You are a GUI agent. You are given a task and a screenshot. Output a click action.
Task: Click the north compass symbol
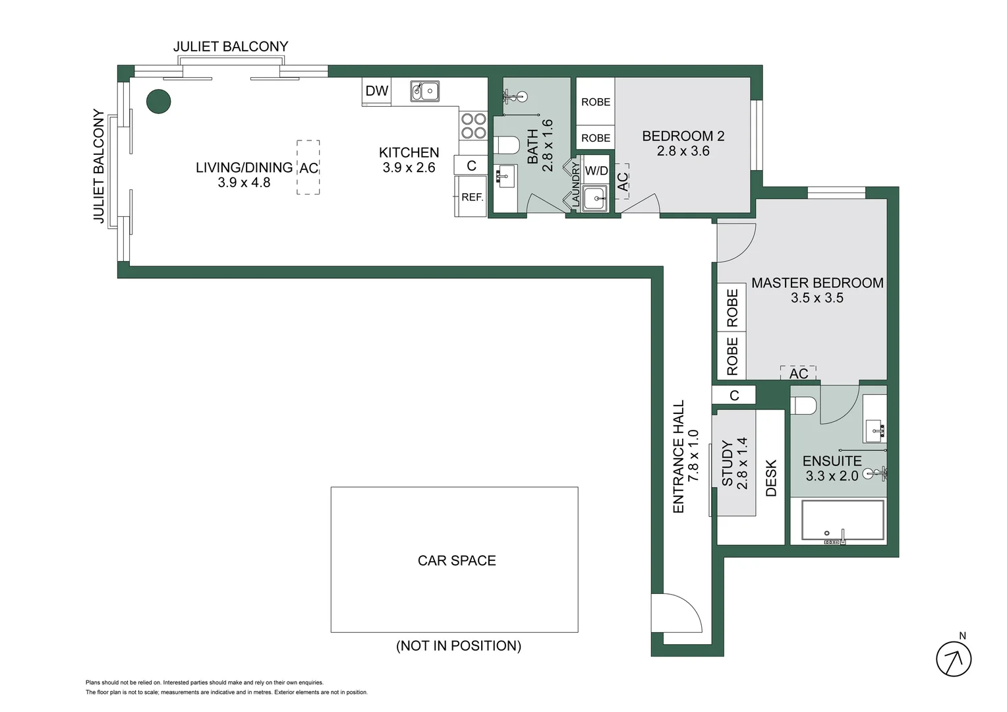pyautogui.click(x=954, y=658)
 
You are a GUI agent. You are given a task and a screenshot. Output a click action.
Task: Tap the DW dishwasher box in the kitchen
pyautogui.click(x=377, y=91)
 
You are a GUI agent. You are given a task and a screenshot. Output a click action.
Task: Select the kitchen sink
pyautogui.click(x=425, y=91)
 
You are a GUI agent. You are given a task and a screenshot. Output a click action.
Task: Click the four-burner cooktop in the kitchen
pyautogui.click(x=473, y=126)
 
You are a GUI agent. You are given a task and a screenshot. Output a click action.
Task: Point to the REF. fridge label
pyautogui.click(x=472, y=197)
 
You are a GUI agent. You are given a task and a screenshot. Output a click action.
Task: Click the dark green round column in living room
pyautogui.click(x=158, y=102)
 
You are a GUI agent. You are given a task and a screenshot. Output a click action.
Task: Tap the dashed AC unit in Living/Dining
pyautogui.click(x=308, y=167)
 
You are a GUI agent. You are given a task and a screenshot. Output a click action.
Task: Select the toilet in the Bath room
pyautogui.click(x=506, y=145)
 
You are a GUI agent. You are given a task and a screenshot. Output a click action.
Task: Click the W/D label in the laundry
pyautogui.click(x=596, y=171)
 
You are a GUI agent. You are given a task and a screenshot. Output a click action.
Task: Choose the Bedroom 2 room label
pyautogui.click(x=683, y=136)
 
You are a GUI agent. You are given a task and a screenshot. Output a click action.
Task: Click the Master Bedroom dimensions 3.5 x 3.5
pyautogui.click(x=817, y=298)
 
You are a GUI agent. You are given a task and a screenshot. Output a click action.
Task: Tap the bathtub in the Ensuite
pyautogui.click(x=842, y=521)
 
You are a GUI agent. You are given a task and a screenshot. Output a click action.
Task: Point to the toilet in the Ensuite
pyautogui.click(x=804, y=405)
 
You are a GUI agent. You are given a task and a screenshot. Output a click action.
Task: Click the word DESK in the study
pyautogui.click(x=771, y=478)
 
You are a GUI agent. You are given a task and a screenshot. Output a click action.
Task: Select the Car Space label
pyautogui.click(x=457, y=560)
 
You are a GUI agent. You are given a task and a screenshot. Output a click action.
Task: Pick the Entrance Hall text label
pyautogui.click(x=678, y=456)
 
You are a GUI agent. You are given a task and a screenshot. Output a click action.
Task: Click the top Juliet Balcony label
pyautogui.click(x=231, y=47)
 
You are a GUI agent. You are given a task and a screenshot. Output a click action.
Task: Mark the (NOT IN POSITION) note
pyautogui.click(x=459, y=646)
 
